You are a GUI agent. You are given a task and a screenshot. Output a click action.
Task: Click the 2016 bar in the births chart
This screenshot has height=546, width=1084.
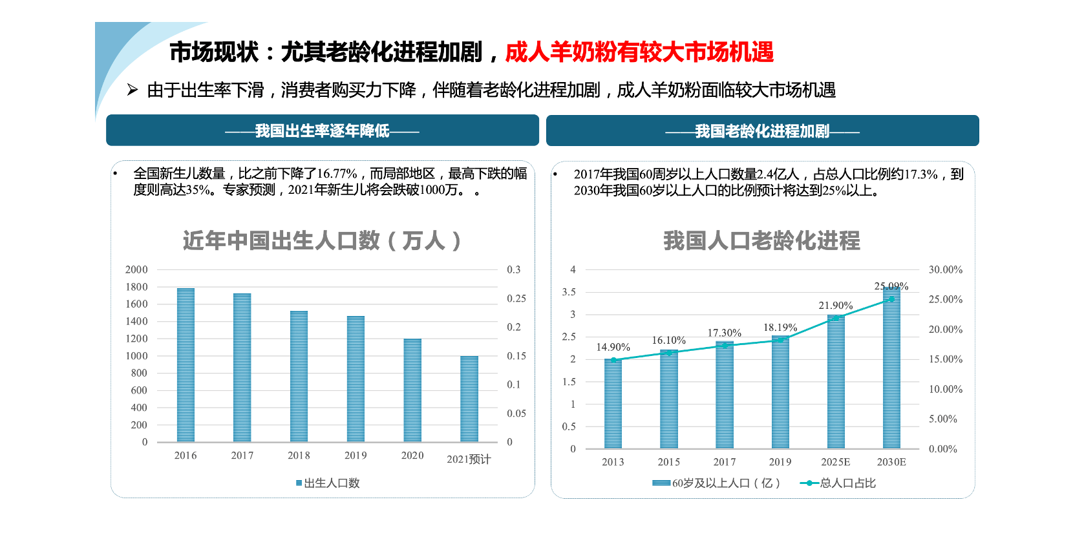coord(186,365)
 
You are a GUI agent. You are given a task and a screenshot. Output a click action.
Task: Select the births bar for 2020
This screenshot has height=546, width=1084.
coord(412,390)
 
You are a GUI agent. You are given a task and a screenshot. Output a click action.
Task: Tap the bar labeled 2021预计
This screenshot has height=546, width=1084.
coord(469,399)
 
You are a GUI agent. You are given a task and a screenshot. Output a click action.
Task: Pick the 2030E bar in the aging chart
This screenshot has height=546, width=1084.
coord(891,368)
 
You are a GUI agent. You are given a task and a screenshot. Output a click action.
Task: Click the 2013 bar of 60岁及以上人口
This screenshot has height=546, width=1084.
coord(613,404)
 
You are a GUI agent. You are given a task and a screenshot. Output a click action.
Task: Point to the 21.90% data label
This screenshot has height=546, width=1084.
coord(835,306)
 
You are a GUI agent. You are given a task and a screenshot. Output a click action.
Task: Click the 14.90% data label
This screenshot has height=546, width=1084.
coord(613,348)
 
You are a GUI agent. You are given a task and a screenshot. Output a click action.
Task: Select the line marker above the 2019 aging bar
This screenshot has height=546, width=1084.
coord(780,340)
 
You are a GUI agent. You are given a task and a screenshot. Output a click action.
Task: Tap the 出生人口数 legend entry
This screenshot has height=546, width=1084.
coord(328,483)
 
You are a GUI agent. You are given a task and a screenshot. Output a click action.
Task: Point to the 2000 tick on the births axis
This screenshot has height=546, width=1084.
coord(136,269)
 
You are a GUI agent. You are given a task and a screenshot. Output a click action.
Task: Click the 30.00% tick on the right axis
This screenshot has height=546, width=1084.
coord(945,269)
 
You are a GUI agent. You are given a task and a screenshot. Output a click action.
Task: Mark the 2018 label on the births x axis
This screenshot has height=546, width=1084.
coord(299,456)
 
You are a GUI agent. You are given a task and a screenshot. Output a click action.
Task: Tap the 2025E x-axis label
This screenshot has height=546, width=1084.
coord(835,462)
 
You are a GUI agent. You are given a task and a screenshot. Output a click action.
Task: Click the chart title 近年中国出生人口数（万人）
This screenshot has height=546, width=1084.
coord(322,240)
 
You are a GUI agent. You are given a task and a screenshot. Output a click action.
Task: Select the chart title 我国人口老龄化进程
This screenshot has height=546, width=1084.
coord(761,240)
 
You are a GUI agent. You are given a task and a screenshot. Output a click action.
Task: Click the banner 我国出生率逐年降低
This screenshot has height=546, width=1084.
coord(322,131)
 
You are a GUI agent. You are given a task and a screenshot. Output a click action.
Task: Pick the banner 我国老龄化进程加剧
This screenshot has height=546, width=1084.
coord(762,131)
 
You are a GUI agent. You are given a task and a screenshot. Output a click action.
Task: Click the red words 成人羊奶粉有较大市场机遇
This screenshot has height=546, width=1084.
coord(639,52)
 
